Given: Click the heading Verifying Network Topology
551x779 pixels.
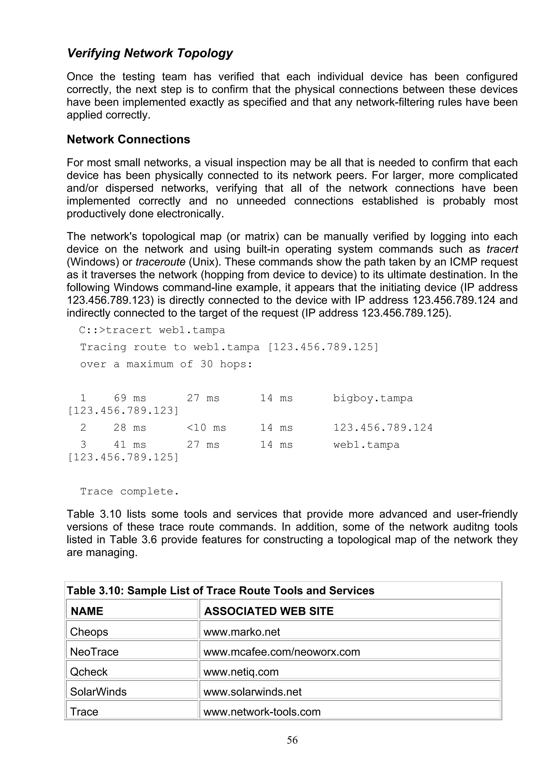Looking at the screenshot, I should pos(150,53).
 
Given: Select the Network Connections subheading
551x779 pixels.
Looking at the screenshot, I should pos(128,140).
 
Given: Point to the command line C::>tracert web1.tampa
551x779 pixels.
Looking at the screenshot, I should pos(152,330).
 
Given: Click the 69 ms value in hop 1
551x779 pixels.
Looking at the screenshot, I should pos(130,398).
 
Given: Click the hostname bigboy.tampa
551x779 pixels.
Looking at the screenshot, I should pos(372,398).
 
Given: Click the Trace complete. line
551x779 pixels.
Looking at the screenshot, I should pos(129,491).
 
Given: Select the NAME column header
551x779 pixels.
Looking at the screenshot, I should pos(87,611).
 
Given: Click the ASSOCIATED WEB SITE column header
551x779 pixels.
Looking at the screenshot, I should pos(269,611).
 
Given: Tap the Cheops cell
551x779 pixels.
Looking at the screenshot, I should pos(89,632).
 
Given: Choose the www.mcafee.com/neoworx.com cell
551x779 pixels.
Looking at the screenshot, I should pos(281,652).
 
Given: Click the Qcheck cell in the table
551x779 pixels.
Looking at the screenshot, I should pos(89,672).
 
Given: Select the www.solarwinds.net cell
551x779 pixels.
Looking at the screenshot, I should pos(252,692).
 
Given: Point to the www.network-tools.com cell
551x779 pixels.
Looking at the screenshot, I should pos(262,712).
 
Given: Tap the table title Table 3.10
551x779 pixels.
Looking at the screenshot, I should pos(220,591).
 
